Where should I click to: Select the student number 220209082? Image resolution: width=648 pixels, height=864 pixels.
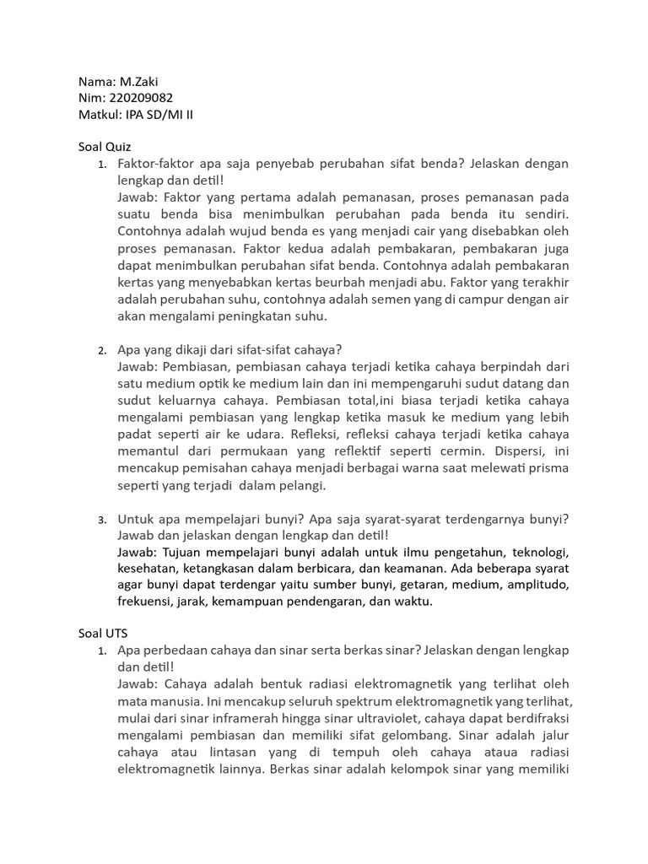[x=141, y=98]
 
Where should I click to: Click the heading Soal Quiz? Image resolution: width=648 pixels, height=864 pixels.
[x=105, y=146]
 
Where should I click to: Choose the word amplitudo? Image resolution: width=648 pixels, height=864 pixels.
[x=536, y=585]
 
